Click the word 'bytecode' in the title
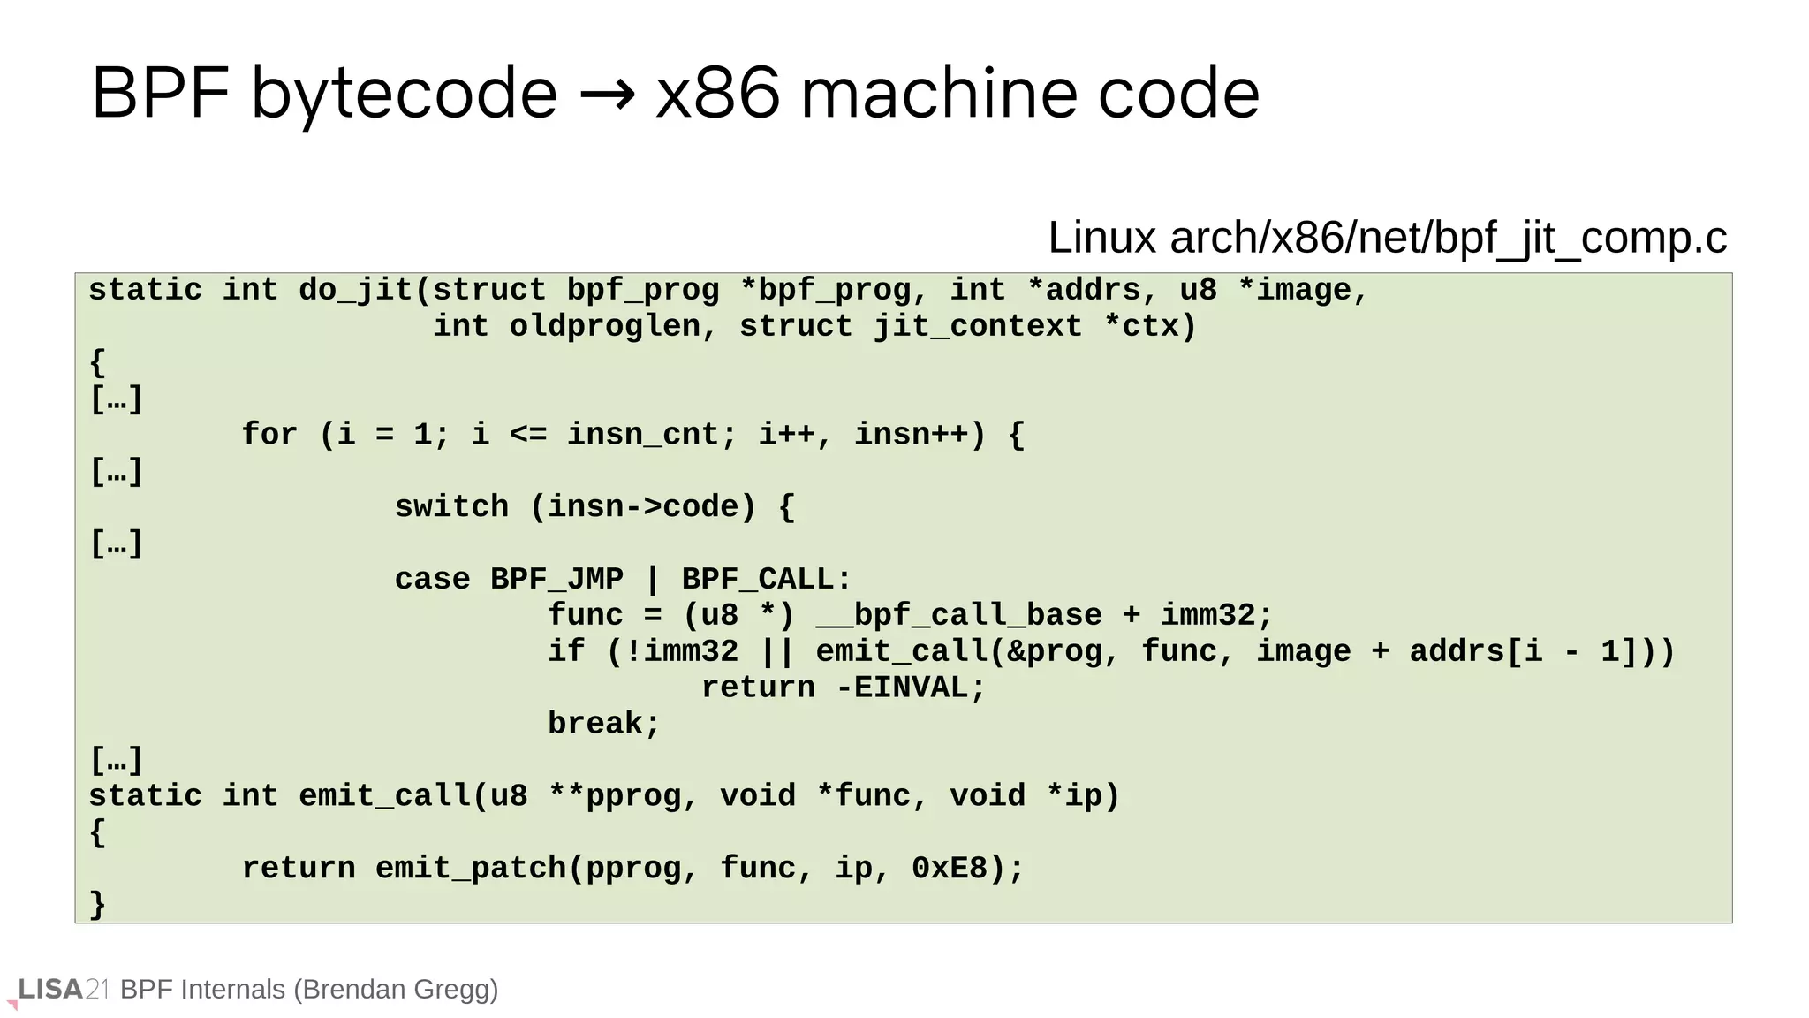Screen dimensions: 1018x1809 coord(404,95)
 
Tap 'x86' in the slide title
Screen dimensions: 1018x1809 coord(717,94)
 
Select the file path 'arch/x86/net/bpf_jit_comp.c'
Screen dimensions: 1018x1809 coord(1448,238)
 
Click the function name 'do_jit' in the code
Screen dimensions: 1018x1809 coord(355,290)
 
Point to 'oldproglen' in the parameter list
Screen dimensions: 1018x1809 coord(604,326)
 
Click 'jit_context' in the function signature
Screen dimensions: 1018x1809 coord(977,326)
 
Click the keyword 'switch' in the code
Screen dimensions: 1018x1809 coord(451,507)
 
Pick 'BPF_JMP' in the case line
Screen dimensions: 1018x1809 coord(556,580)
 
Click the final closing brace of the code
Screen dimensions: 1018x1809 coord(97,904)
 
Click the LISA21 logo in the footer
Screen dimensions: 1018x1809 coord(62,990)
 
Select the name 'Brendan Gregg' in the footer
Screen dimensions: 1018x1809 coord(397,990)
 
